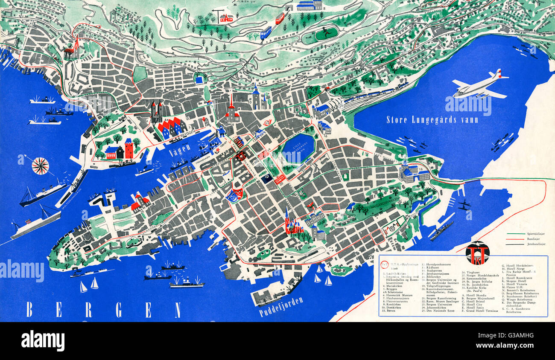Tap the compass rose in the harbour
40,166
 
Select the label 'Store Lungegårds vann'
432,120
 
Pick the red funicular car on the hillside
280,18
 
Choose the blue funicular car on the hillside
266,32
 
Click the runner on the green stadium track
326,31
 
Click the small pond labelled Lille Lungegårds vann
298,148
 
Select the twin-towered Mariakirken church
156,111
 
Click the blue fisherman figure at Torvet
221,131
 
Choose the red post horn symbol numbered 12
268,123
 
